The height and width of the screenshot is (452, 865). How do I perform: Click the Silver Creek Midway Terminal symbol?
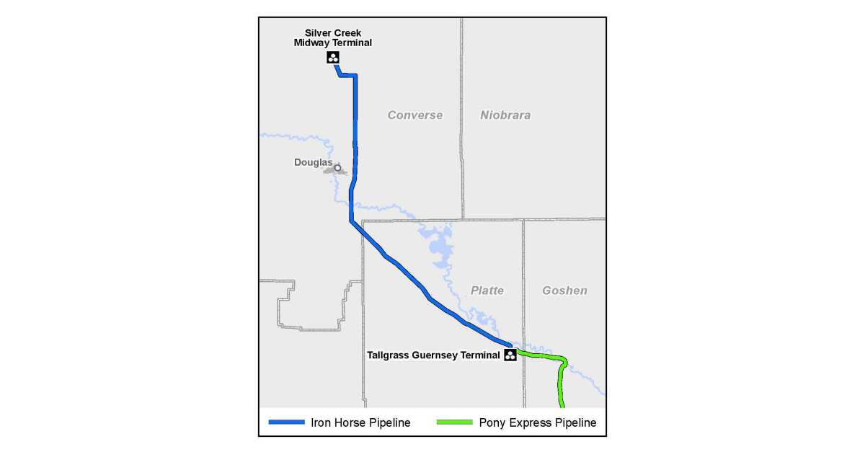[x=332, y=57]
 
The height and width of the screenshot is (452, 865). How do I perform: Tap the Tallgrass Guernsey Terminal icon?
[x=510, y=355]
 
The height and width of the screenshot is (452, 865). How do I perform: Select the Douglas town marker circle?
[x=337, y=168]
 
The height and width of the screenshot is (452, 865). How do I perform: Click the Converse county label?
[x=415, y=115]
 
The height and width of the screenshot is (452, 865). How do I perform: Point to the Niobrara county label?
[x=505, y=115]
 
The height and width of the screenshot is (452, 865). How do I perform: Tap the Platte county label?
[x=487, y=291]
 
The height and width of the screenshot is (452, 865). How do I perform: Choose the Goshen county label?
[x=565, y=291]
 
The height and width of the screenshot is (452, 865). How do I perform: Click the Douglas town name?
[x=313, y=162]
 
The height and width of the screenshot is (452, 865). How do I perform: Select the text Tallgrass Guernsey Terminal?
[x=433, y=355]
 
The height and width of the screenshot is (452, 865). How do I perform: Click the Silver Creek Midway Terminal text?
[x=333, y=37]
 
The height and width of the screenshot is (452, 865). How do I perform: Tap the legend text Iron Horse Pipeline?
[x=360, y=423]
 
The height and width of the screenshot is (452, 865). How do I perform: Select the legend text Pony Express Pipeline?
[x=538, y=423]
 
